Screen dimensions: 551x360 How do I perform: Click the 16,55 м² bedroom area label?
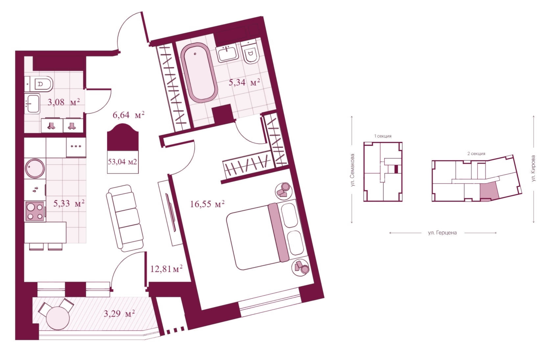tap(207, 204)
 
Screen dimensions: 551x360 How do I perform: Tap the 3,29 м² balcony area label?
tap(119, 314)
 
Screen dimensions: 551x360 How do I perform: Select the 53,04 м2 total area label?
tap(123, 162)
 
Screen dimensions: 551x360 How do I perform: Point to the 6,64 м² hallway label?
tap(129, 115)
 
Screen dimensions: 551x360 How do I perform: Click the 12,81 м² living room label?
tap(166, 269)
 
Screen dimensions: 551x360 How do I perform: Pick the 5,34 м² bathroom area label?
tap(244, 82)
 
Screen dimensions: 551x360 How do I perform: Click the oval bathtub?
tap(199, 73)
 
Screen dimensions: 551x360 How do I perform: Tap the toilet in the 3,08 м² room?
tap(39, 84)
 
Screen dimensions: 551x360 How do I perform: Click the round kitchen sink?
tap(35, 169)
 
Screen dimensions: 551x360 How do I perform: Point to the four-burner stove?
tap(35, 211)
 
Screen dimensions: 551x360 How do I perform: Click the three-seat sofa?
tap(125, 218)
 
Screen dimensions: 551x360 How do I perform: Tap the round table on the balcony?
tap(58, 318)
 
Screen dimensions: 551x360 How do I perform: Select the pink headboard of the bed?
tap(278, 232)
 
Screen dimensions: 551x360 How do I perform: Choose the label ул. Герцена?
tap(442, 233)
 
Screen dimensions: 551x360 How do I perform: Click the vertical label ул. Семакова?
tap(353, 170)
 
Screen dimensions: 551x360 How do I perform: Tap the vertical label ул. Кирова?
tap(533, 168)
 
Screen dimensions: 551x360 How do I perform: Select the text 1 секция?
tap(383, 136)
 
